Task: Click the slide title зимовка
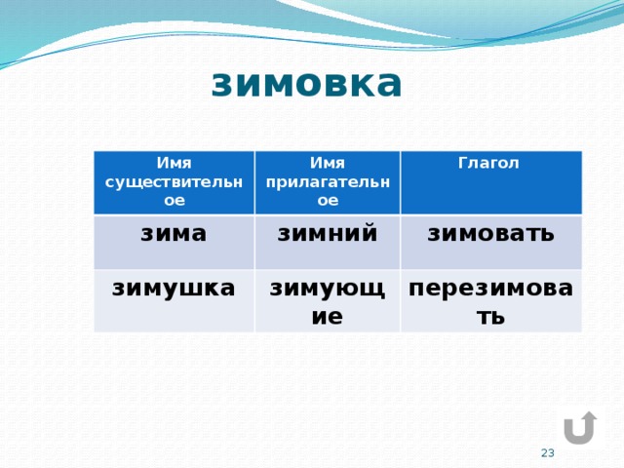tap(306, 84)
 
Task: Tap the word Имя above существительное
tap(174, 163)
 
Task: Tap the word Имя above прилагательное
tap(328, 163)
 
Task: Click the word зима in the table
tap(174, 234)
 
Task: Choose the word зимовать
tap(490, 234)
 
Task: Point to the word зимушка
tap(174, 289)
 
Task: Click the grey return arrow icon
tap(581, 428)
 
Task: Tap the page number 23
tap(548, 452)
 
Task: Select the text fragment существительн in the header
tap(174, 182)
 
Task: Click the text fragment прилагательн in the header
tap(328, 182)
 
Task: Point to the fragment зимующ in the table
tap(328, 290)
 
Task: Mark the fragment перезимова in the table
tap(490, 290)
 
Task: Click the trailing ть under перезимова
tap(490, 317)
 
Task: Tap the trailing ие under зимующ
tap(328, 317)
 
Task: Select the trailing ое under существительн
tap(175, 200)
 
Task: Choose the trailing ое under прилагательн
tap(328, 200)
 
